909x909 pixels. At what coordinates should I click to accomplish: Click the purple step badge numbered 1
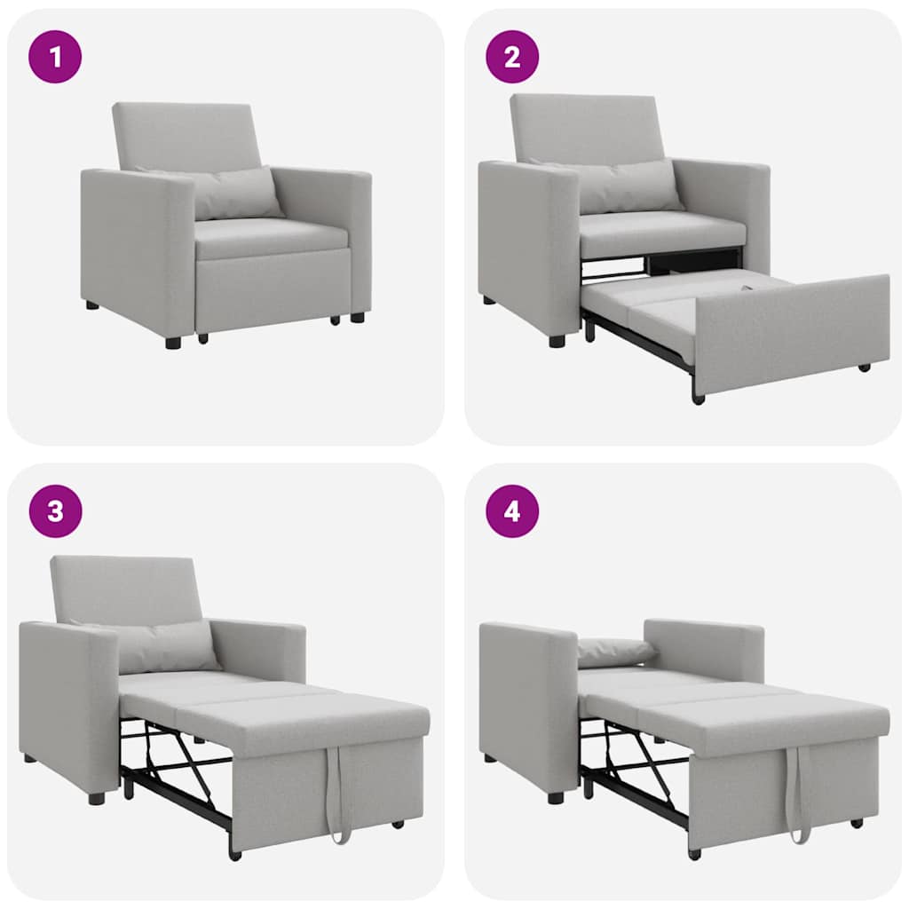click(55, 57)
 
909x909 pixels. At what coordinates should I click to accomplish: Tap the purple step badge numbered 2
click(512, 57)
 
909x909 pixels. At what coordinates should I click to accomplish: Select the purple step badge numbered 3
click(55, 511)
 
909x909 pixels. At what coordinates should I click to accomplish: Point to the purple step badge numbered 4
click(512, 511)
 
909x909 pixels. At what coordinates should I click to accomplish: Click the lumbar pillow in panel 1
click(233, 193)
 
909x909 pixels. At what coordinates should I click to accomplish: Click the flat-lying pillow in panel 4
click(614, 652)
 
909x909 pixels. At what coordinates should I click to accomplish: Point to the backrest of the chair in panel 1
click(186, 135)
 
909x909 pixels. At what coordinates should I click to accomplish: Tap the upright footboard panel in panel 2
click(790, 333)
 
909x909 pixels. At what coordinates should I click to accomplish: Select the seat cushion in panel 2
click(661, 233)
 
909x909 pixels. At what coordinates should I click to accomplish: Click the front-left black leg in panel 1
click(173, 342)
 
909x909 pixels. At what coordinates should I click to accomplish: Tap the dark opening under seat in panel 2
click(692, 261)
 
